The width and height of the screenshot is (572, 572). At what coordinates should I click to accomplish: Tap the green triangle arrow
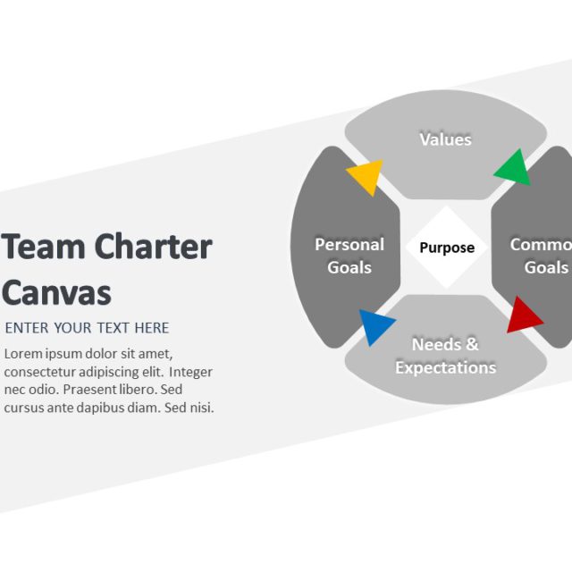[513, 168]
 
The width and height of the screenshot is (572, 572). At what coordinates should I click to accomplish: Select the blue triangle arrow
[375, 326]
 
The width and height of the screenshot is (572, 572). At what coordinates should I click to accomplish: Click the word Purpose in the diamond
[447, 248]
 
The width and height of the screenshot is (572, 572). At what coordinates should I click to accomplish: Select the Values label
[445, 139]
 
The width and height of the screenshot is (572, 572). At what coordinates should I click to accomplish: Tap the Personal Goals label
[349, 256]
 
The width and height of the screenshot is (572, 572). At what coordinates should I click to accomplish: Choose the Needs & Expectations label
[445, 356]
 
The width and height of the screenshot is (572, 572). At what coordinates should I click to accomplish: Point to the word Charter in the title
[153, 246]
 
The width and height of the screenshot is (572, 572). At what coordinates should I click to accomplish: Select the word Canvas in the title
[57, 292]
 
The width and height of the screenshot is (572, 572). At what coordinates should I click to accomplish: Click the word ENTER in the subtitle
[27, 328]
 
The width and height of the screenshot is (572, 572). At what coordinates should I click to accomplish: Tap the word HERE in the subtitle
[151, 328]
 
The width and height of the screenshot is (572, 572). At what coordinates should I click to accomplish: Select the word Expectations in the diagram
[445, 367]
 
